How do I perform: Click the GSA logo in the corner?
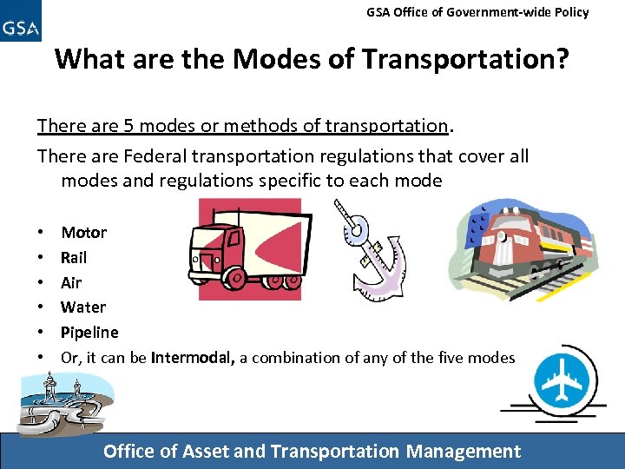pos(21,21)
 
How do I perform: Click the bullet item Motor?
pos(83,233)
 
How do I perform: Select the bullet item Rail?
pos(74,258)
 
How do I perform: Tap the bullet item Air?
pos(71,282)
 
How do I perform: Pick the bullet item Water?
pos(83,307)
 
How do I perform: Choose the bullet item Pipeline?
pos(89,333)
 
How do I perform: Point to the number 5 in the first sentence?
pos(128,126)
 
